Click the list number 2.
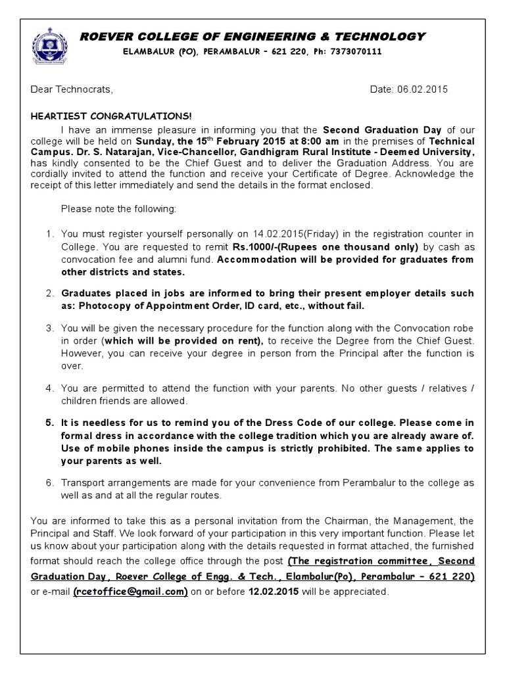click(x=50, y=292)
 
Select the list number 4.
click(x=50, y=388)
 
